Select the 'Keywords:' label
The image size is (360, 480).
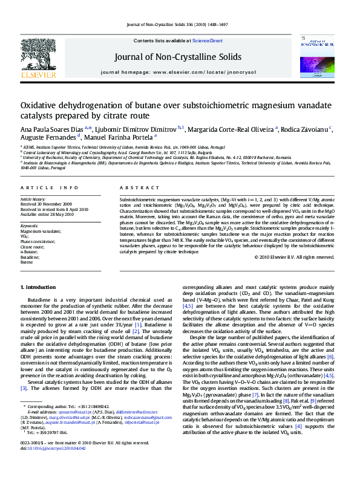[x=30, y=225]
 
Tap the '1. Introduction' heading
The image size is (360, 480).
[x=39, y=286]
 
